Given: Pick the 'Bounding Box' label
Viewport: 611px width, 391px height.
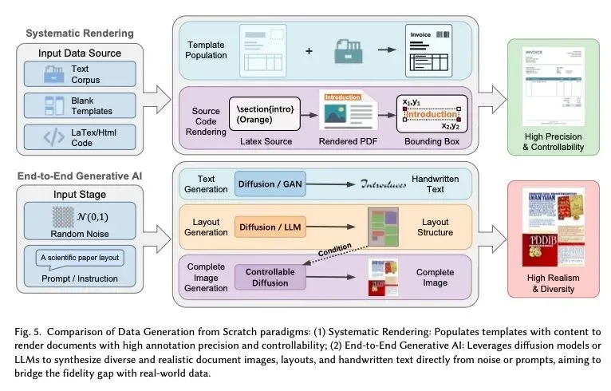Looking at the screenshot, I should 429,141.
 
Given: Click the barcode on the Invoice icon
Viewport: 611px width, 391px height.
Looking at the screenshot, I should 441,35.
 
